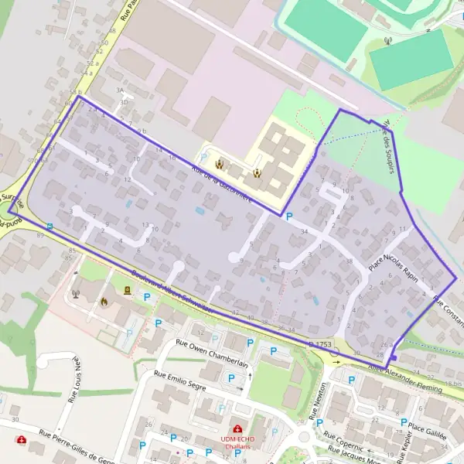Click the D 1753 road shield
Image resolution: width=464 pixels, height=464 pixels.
pos(322,342)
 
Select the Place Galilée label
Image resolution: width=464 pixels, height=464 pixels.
pos(428,430)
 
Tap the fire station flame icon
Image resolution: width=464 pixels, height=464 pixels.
pos(104,302)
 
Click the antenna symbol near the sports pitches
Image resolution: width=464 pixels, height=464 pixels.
pos(387,42)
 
